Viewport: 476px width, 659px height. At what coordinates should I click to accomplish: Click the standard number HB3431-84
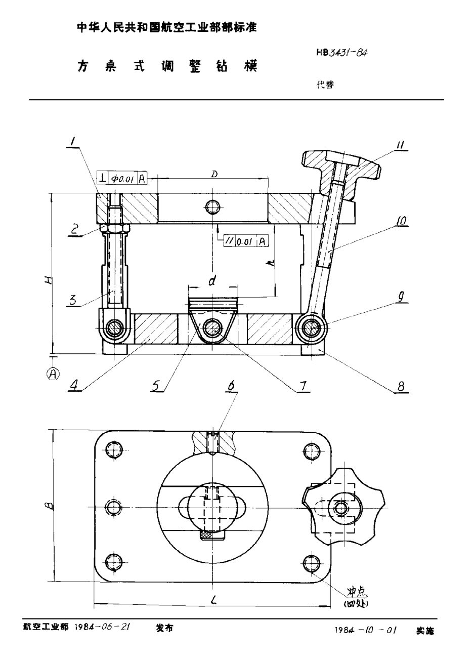pos(341,52)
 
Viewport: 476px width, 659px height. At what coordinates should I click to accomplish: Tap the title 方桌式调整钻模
pos(167,66)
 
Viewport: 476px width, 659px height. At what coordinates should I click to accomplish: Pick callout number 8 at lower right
pos(401,387)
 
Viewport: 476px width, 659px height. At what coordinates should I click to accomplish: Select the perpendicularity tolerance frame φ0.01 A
pos(121,178)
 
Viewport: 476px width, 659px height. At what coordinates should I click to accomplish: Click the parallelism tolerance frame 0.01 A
pos(246,241)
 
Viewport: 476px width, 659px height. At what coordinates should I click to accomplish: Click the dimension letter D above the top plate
pos(214,174)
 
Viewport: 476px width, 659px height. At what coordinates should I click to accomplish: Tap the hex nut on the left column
pos(115,228)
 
